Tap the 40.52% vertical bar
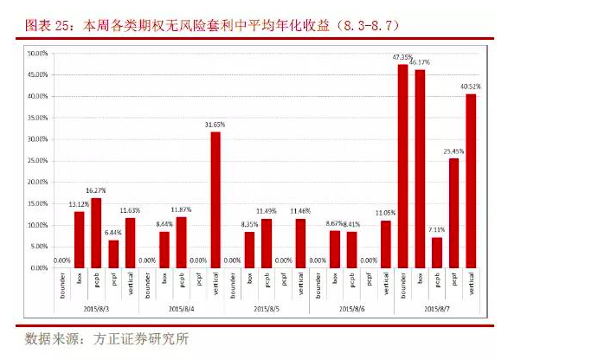coord(471,181)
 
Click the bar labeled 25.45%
coord(453,213)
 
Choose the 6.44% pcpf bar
coord(113,254)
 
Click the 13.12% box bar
coord(79,240)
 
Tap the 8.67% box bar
coord(334,249)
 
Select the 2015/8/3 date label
coord(96,308)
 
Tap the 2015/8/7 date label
coord(436,308)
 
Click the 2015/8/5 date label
coord(267,308)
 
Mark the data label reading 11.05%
coord(385,212)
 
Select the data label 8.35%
coord(249,224)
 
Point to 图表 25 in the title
coord(45,26)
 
